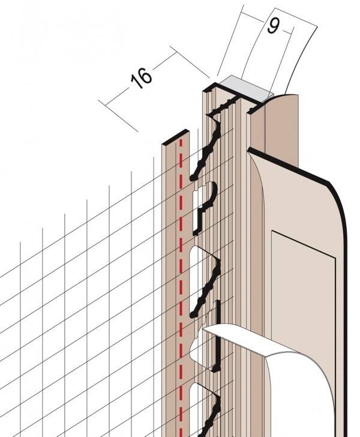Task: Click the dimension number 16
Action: [x=142, y=78]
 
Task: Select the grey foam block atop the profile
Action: [x=245, y=88]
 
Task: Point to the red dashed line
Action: [x=181, y=287]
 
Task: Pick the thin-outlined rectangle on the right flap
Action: [x=304, y=334]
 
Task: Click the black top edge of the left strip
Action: [x=176, y=137]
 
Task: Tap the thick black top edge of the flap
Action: [x=289, y=166]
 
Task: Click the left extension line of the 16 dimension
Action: [x=118, y=116]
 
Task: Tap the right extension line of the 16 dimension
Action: [x=190, y=62]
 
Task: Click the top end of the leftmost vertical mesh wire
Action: [x=20, y=242]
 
